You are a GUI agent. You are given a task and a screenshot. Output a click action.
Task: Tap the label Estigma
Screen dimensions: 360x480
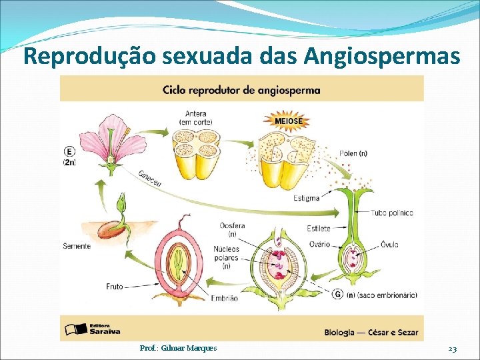306,198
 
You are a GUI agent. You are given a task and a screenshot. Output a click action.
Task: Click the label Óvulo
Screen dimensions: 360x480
389,245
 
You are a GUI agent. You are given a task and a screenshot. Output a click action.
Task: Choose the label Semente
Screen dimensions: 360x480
76,246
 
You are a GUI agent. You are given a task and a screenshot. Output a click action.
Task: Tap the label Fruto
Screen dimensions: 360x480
114,287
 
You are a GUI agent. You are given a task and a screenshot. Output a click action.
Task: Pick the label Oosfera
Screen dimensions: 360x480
232,226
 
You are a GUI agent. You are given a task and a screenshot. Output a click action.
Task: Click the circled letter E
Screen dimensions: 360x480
69,151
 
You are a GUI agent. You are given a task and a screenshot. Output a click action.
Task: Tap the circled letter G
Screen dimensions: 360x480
338,294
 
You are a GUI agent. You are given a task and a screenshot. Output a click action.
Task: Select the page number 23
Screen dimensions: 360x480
452,349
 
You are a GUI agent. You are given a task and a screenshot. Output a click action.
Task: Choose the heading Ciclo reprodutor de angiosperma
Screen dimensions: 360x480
241,89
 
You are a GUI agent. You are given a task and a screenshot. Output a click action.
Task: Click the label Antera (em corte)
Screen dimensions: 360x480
195,117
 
